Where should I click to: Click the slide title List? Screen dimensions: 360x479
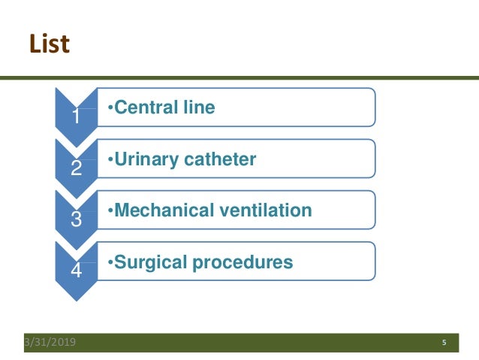coord(50,44)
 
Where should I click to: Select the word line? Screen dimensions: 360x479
coord(197,107)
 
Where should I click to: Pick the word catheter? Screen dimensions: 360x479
coord(219,159)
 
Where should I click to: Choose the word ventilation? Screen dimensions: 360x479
coord(264,210)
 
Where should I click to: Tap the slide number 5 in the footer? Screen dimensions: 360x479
coord(444,343)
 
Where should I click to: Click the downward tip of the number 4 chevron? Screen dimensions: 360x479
coord(76,298)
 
